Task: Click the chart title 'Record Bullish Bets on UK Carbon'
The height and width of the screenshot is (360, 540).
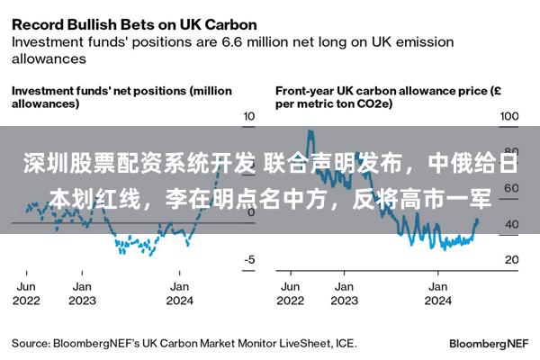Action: point(134,25)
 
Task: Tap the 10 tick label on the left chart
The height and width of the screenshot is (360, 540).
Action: point(249,116)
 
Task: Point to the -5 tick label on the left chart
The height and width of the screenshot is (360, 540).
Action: point(249,259)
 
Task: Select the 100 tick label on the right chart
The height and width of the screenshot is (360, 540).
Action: point(509,116)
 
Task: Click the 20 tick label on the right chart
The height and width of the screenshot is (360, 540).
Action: point(512,259)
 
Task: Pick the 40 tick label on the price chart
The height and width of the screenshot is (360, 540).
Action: point(512,224)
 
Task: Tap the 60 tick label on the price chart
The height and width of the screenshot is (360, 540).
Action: point(511,188)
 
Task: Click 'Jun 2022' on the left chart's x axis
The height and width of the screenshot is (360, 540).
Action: point(26,293)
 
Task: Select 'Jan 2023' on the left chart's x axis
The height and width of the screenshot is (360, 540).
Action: point(82,293)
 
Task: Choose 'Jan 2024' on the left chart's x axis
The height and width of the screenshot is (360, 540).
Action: point(179,293)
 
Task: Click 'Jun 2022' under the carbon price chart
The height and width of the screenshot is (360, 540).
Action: point(291,293)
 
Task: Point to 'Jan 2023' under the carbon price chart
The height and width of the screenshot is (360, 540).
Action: point(345,293)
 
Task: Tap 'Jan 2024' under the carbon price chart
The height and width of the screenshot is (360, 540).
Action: point(438,293)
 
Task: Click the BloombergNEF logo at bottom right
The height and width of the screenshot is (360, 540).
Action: point(489,344)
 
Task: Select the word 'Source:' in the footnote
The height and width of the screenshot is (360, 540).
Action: point(31,344)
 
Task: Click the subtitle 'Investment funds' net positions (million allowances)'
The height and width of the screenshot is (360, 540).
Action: point(121,97)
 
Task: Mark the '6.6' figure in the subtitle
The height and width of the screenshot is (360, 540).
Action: point(233,42)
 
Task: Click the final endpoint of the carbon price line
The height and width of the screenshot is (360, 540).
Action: point(477,220)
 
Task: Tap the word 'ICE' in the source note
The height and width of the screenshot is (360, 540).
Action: point(345,344)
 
